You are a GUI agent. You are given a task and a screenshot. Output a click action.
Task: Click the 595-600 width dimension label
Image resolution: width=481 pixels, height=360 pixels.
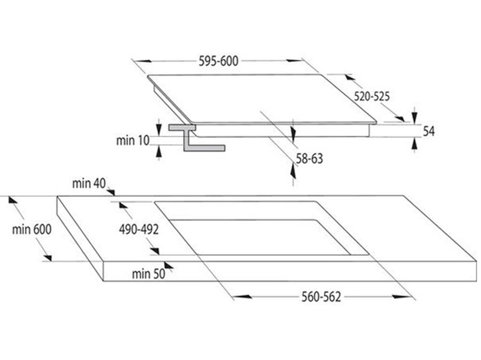pyautogui.click(x=218, y=61)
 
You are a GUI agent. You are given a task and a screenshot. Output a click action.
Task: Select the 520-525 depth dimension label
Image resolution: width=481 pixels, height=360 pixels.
pyautogui.click(x=372, y=97)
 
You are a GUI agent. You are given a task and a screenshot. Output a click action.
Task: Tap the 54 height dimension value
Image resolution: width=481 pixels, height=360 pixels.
pyautogui.click(x=428, y=132)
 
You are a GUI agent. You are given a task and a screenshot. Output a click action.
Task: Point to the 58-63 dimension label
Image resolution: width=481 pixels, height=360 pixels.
pyautogui.click(x=310, y=159)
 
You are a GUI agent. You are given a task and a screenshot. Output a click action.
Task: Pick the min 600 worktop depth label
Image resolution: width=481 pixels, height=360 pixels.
pyautogui.click(x=32, y=230)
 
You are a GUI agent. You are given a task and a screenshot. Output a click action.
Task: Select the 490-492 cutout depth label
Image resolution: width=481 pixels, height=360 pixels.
pyautogui.click(x=138, y=230)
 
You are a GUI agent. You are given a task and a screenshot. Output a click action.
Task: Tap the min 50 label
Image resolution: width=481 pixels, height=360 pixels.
pyautogui.click(x=148, y=274)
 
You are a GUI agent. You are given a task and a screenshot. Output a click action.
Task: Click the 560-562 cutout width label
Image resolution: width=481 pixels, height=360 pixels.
pyautogui.click(x=322, y=297)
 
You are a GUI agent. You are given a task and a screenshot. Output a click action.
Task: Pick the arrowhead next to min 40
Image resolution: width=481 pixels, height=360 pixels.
pyautogui.click(x=111, y=191)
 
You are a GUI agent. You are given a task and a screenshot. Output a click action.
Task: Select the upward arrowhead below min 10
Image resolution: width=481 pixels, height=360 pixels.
pyautogui.click(x=159, y=151)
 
